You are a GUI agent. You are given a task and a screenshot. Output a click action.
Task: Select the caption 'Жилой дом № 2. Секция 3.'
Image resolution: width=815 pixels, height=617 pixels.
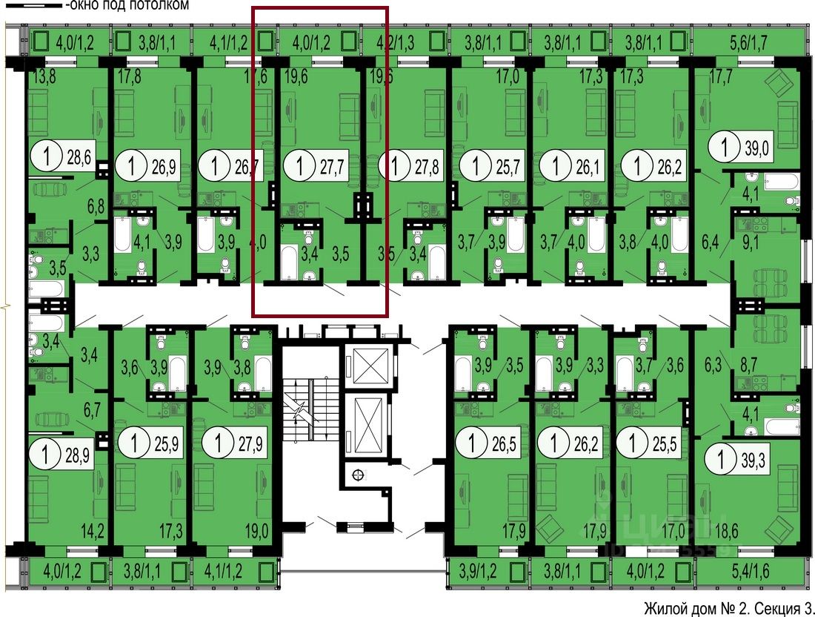tap(729, 608)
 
